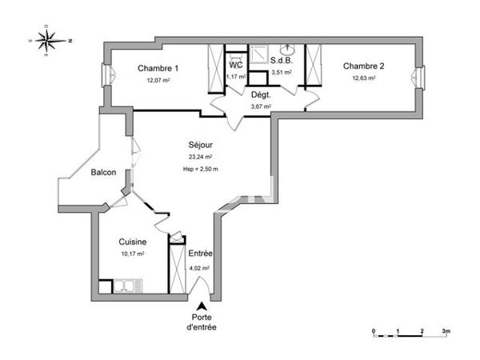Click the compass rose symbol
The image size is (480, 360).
(x=49, y=39)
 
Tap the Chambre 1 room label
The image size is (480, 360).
(x=158, y=68)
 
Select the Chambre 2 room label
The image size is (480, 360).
(x=364, y=66)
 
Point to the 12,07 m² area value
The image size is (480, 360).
(x=158, y=81)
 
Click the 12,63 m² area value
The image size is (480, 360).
(x=364, y=78)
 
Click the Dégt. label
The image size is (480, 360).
(x=262, y=94)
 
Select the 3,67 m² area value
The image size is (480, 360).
(x=261, y=106)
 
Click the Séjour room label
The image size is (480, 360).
(x=200, y=145)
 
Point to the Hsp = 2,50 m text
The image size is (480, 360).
(x=200, y=169)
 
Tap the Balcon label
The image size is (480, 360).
(x=103, y=173)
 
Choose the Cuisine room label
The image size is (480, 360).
(x=132, y=241)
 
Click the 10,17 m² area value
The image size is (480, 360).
(x=132, y=254)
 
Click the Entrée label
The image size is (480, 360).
(x=199, y=254)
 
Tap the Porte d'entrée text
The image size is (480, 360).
(x=202, y=322)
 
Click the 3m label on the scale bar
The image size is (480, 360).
(x=446, y=330)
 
